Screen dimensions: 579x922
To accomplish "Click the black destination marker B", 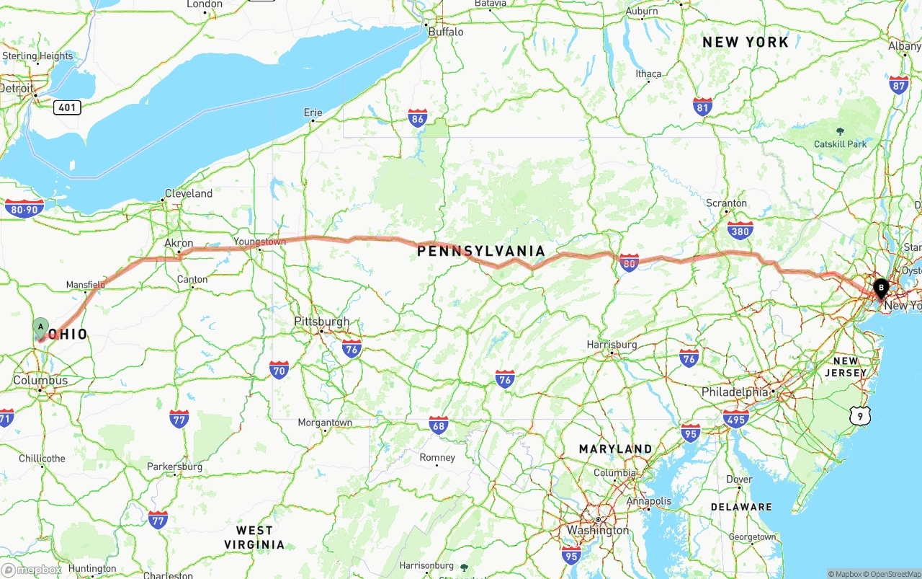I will [x=880, y=288].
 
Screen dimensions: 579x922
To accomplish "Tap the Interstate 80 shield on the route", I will [x=629, y=262].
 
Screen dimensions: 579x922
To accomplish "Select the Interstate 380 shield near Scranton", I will [x=740, y=230].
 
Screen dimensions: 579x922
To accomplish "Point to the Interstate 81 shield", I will [x=703, y=107].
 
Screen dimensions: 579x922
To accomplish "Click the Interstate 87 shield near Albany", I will [x=898, y=85].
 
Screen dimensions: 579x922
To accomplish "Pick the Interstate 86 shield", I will [x=417, y=118].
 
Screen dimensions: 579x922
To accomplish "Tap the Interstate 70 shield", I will [x=279, y=371].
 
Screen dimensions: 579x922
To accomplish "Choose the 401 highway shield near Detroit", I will [x=66, y=107].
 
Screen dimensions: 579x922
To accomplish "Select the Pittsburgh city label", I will [x=322, y=322].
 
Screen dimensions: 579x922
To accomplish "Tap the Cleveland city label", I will [x=189, y=193].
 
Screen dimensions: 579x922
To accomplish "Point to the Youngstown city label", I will [x=259, y=242].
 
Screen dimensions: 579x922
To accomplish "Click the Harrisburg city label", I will [x=612, y=345].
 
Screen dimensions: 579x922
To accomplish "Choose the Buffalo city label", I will [x=446, y=32].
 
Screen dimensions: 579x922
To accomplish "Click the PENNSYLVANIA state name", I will [x=481, y=251].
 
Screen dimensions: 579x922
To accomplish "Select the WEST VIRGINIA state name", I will [x=254, y=537].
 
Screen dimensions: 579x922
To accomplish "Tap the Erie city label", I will [x=313, y=112].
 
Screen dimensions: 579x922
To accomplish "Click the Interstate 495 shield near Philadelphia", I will [x=735, y=418].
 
